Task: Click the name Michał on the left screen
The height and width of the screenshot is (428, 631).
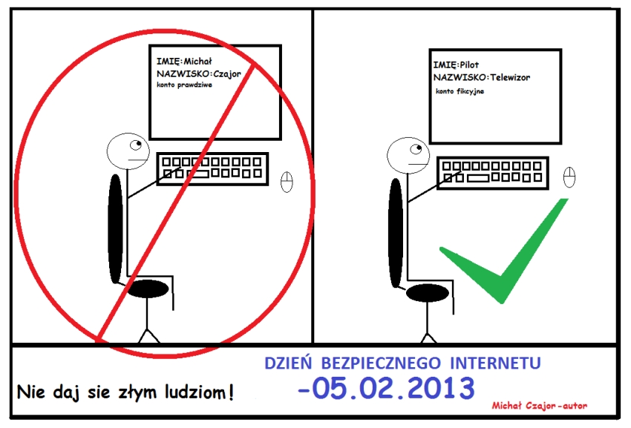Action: click(x=197, y=61)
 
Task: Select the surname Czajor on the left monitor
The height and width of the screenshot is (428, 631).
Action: click(x=227, y=74)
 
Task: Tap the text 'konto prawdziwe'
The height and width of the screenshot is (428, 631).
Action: click(x=184, y=85)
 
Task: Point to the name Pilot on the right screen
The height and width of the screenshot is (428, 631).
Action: click(x=469, y=65)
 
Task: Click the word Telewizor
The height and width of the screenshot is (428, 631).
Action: click(x=510, y=77)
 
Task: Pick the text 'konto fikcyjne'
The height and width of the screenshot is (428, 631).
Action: click(x=460, y=91)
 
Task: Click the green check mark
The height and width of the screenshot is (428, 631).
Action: click(x=504, y=250)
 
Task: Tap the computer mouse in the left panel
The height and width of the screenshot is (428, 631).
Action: click(x=287, y=182)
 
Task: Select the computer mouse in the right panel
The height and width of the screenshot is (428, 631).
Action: click(x=569, y=177)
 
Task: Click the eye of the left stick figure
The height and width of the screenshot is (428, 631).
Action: click(x=136, y=145)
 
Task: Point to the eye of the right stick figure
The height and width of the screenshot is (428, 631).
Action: click(x=416, y=149)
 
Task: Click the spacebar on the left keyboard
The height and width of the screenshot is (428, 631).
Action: click(x=197, y=174)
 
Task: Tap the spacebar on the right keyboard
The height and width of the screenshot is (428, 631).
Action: click(x=477, y=178)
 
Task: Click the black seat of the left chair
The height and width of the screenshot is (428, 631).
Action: click(x=147, y=289)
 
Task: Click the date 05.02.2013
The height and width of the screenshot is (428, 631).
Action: click(x=393, y=387)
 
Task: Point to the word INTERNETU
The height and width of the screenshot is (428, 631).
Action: click(x=495, y=363)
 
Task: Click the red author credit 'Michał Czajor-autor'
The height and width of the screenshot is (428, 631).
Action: click(x=539, y=406)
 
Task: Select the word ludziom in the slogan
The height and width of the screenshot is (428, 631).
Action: click(x=199, y=392)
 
